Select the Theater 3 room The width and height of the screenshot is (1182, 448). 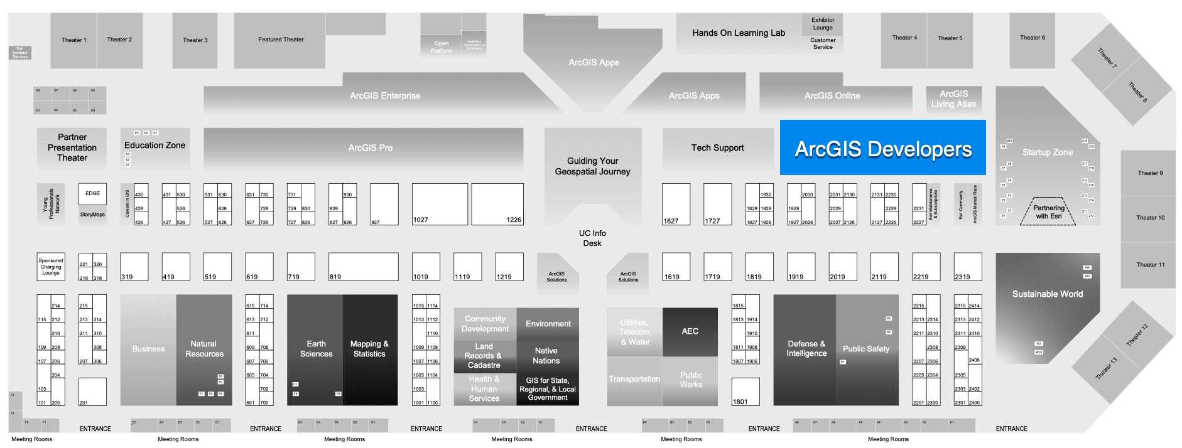point(195,40)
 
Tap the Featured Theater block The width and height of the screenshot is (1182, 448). point(280,40)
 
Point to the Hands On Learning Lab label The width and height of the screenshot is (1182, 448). point(738,33)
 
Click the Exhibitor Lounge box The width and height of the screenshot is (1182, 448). point(822,24)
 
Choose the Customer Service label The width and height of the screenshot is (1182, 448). point(822,43)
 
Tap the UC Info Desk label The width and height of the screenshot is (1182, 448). point(592,238)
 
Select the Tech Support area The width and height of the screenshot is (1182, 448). point(717,148)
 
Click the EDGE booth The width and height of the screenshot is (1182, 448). point(92,193)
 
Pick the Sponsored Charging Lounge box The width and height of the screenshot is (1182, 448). point(51,267)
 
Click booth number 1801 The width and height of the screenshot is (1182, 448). point(746,392)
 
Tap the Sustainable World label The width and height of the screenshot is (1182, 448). point(1047,294)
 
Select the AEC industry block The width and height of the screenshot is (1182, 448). point(690,331)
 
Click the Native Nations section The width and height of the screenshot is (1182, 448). point(546,356)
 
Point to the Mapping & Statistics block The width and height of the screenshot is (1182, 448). point(369,349)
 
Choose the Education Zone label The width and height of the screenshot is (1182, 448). point(155,146)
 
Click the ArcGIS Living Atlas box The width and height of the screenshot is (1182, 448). point(953,99)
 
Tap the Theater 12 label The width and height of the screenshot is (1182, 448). point(1137,335)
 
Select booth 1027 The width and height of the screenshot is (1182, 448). point(439,205)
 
